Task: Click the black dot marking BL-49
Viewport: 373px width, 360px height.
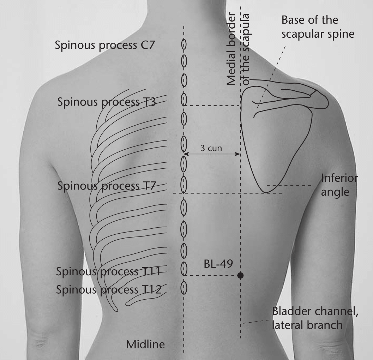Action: click(x=241, y=276)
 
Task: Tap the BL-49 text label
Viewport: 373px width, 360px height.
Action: click(x=218, y=264)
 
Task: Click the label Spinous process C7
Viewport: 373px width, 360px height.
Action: click(x=105, y=45)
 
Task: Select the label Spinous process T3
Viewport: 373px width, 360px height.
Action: click(x=107, y=102)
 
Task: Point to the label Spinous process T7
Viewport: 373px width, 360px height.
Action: click(x=107, y=186)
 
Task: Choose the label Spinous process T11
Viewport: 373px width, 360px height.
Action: click(x=108, y=271)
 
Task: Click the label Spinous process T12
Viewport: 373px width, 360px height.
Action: click(x=109, y=289)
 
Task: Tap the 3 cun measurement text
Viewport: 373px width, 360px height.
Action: click(x=211, y=148)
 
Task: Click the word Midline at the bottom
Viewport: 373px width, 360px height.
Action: click(x=145, y=344)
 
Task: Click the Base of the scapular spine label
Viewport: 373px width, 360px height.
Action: click(x=318, y=27)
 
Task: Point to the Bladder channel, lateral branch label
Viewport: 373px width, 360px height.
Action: click(x=315, y=318)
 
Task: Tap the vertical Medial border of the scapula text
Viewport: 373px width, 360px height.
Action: click(x=238, y=49)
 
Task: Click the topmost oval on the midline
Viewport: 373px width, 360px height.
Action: click(x=184, y=44)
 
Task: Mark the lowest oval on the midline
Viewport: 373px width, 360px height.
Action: click(x=184, y=288)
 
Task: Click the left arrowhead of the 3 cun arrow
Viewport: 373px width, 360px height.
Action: click(x=186, y=154)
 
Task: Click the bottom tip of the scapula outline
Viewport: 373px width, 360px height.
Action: click(x=266, y=192)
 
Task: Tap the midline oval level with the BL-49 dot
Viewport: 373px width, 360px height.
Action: click(x=184, y=269)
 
